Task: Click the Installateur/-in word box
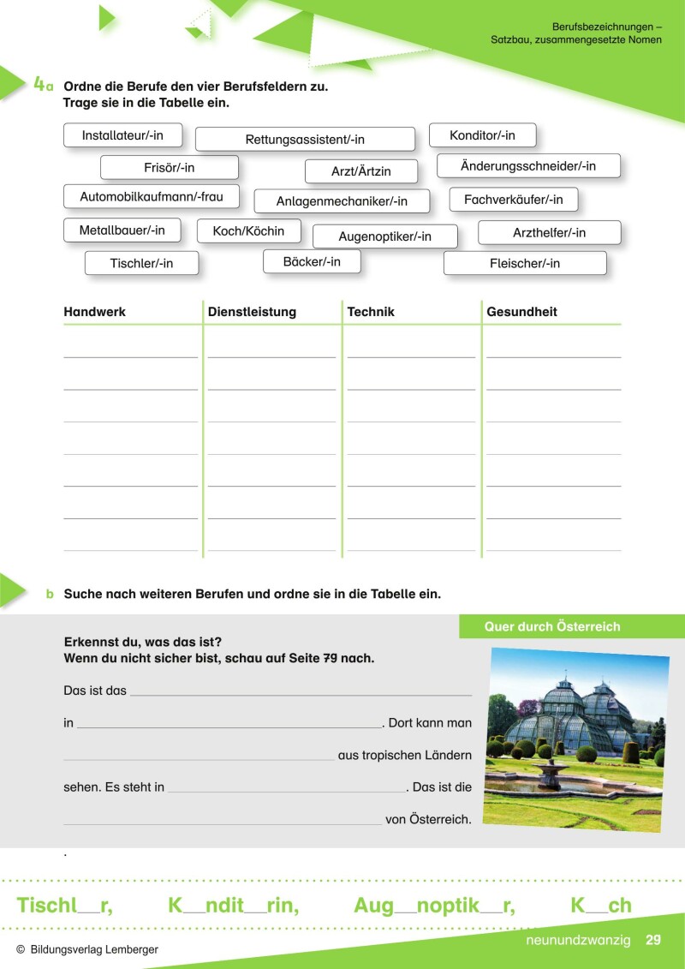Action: (122, 135)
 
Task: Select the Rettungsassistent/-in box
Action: (305, 140)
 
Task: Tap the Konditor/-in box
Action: (482, 135)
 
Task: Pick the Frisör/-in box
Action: (169, 168)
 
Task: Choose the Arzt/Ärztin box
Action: (360, 171)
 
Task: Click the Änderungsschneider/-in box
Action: (527, 166)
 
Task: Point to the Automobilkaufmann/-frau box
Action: (151, 197)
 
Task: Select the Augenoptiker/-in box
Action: (384, 236)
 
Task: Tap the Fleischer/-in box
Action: (524, 263)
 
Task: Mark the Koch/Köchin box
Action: (248, 231)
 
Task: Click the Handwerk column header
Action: (94, 312)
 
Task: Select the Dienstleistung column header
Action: (252, 312)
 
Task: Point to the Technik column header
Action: (371, 312)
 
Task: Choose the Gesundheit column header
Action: (521, 312)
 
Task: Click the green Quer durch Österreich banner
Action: (551, 626)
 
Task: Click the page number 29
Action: (653, 940)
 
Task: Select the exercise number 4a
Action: (44, 85)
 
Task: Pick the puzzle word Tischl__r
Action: (64, 906)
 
